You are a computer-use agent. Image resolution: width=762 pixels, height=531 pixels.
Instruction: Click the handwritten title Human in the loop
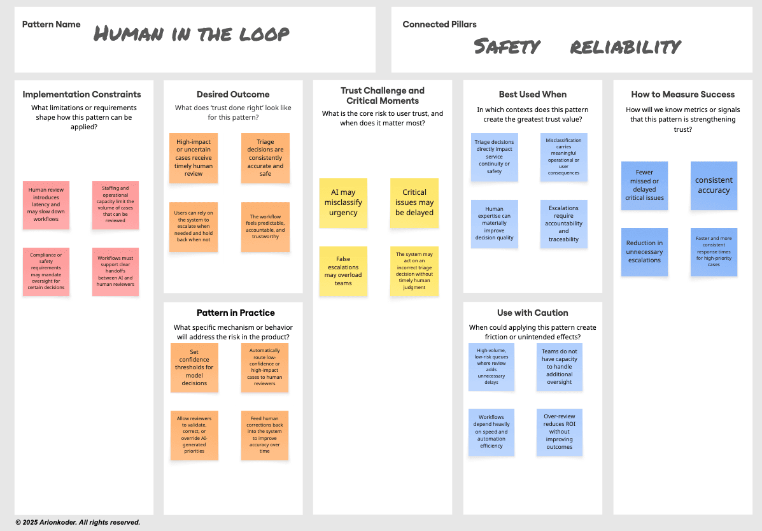click(x=192, y=34)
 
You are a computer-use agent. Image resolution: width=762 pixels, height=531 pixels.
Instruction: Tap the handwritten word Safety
click(x=507, y=46)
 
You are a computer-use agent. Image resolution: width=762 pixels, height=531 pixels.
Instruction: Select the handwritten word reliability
click(x=625, y=46)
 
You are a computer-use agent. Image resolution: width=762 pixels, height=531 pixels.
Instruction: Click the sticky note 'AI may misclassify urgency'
click(x=343, y=202)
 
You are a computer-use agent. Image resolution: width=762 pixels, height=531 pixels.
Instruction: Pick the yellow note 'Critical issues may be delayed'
click(x=414, y=202)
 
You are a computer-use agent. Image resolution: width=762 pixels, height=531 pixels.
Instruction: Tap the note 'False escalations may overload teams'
click(x=343, y=271)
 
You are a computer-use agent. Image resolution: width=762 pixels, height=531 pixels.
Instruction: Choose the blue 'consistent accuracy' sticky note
click(x=714, y=185)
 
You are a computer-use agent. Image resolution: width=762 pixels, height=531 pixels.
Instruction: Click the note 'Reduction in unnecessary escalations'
click(x=644, y=251)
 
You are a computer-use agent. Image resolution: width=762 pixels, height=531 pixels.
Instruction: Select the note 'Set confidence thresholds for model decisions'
click(x=194, y=367)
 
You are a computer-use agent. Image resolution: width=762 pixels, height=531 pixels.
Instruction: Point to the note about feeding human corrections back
click(x=265, y=435)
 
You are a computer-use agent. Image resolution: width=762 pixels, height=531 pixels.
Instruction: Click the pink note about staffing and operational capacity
click(x=115, y=205)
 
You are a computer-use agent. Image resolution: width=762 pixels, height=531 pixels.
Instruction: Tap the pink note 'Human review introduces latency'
click(x=46, y=205)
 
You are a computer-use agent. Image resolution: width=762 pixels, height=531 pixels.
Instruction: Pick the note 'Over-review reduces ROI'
click(x=559, y=432)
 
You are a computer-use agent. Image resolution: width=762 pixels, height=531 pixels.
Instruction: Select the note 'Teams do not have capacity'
click(x=559, y=367)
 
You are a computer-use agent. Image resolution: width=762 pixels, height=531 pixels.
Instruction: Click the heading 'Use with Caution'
click(x=532, y=313)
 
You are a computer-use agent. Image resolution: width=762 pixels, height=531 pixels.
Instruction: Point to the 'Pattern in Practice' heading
click(x=236, y=313)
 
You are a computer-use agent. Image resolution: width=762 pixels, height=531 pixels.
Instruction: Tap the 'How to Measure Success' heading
click(x=683, y=94)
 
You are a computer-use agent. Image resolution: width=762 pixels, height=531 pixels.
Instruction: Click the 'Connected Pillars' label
click(x=439, y=24)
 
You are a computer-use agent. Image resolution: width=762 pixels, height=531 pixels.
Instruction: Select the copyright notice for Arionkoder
click(x=78, y=522)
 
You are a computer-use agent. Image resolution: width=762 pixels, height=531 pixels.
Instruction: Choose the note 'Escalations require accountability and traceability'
click(x=563, y=223)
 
